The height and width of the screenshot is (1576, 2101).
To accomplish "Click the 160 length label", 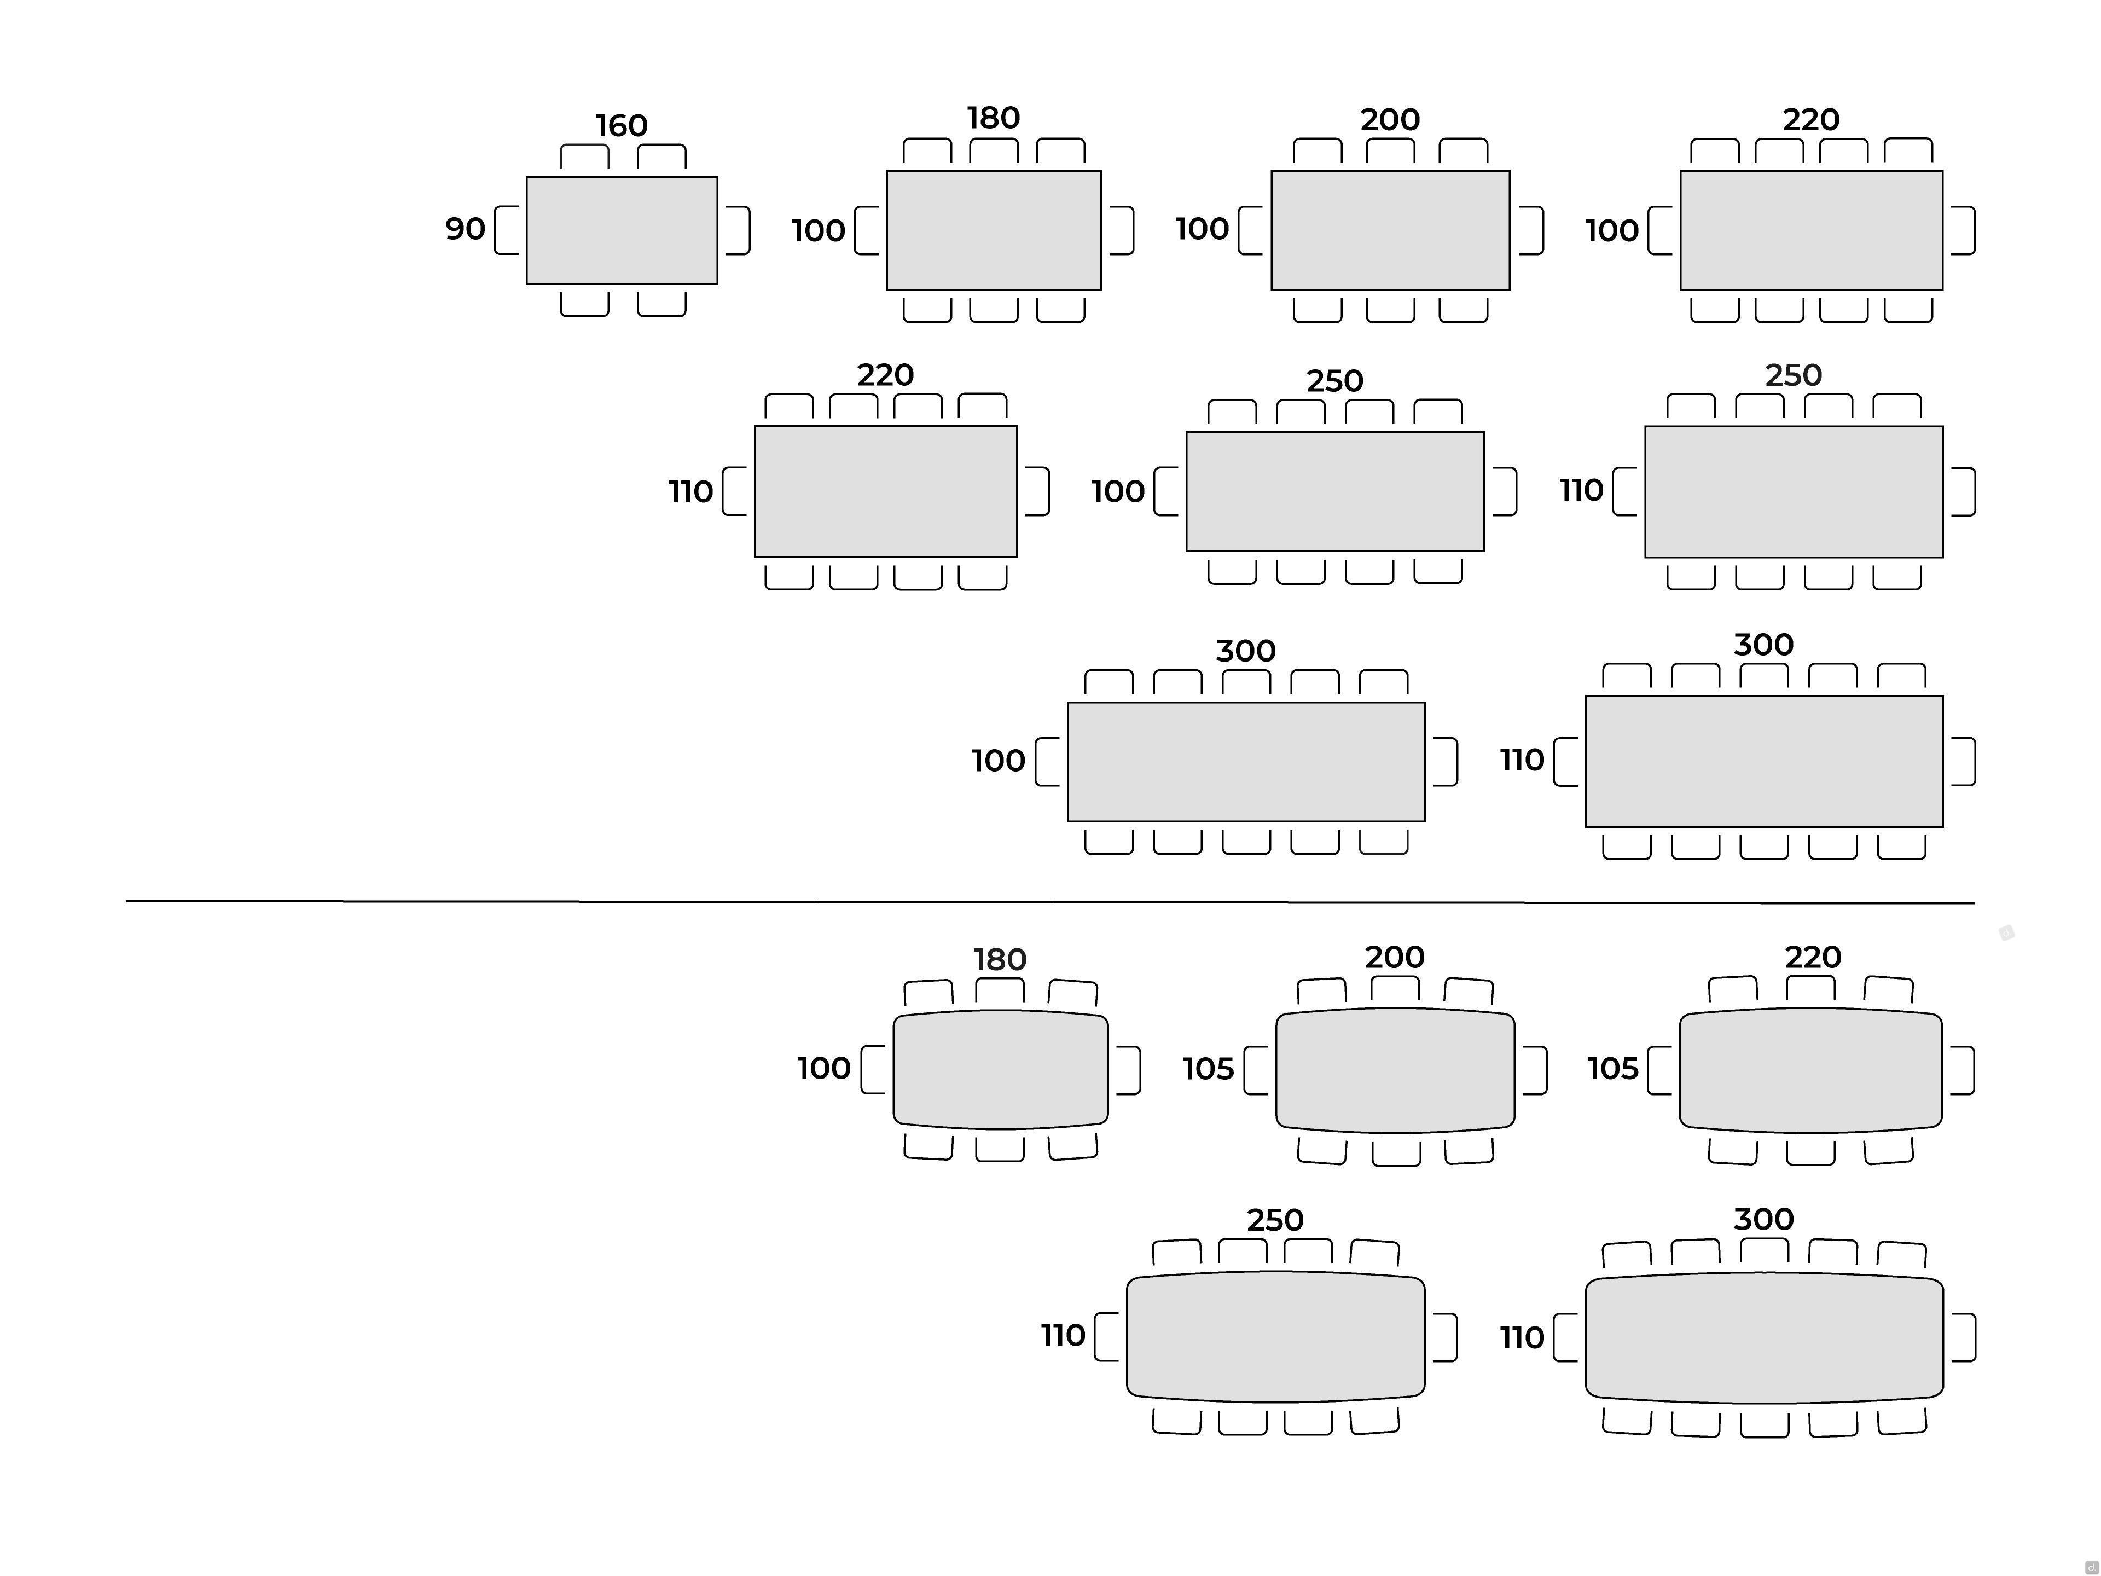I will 621,125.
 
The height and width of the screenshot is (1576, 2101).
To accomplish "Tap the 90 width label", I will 465,229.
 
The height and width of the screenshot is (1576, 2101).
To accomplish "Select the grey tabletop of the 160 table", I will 621,230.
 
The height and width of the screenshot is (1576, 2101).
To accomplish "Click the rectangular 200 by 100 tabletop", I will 1390,230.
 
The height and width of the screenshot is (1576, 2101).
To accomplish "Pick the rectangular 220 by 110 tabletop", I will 885,491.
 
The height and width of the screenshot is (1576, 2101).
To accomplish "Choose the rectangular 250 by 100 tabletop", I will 1334,491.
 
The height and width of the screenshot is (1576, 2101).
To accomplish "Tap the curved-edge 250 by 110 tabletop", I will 1275,1337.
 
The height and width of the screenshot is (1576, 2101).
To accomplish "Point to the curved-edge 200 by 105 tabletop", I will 1394,1070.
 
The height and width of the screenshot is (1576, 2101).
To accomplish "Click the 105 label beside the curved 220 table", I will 1613,1069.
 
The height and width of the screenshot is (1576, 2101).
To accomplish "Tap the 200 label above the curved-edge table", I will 1394,957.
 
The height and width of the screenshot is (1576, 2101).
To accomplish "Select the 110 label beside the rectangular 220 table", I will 690,492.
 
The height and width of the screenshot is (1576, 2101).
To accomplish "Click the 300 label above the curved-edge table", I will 1763,1219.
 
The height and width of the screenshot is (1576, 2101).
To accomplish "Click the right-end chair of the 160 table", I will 738,230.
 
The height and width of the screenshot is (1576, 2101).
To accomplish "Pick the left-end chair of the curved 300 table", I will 1565,1337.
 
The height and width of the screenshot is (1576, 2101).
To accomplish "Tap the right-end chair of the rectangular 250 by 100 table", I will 1505,491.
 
